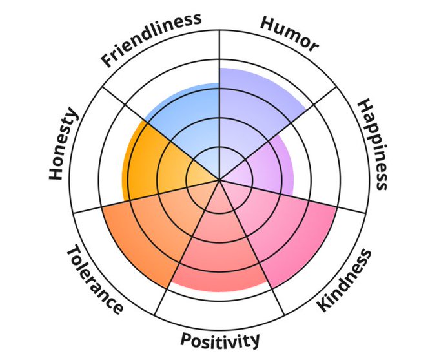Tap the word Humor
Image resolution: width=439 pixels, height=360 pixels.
click(x=289, y=33)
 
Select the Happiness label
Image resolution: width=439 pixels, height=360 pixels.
click(x=373, y=144)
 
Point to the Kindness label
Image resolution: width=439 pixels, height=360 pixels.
click(x=345, y=280)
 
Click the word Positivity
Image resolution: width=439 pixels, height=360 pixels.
click(x=220, y=340)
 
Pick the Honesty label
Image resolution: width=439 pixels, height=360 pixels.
click(x=63, y=144)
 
